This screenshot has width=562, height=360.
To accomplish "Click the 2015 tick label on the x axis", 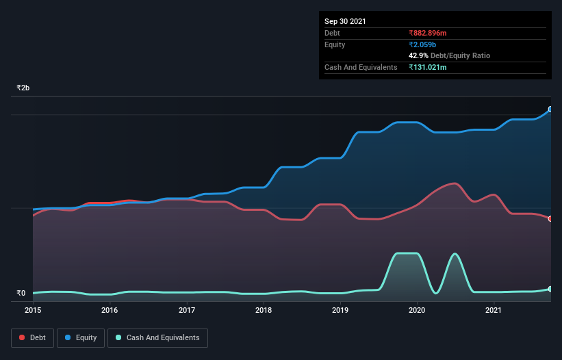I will pos(33,310).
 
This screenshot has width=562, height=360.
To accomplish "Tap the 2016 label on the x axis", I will pos(110,310).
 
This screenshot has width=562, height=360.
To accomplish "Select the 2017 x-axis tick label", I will pos(187,310).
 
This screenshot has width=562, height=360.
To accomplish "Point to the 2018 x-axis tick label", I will pos(264,310).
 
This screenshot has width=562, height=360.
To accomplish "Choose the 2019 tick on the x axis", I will pos(341,310).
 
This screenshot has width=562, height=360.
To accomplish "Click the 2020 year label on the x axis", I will pos(418,310).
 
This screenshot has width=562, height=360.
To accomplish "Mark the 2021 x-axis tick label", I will pos(494,310).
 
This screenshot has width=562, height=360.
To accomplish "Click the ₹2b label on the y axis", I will pos(23,88).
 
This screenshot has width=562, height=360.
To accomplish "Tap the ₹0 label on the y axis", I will pos(21,294).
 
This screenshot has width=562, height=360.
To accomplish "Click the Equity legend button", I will pos(81,337).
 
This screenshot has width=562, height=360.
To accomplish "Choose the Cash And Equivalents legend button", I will pos(157,337).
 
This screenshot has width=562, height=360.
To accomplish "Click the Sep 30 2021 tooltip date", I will pos(345,21).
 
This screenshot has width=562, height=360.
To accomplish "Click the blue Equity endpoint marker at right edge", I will pos(550,109).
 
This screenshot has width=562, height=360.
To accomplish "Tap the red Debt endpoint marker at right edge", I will pos(550,219).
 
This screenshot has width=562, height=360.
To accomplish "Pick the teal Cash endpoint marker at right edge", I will pos(550,289).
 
